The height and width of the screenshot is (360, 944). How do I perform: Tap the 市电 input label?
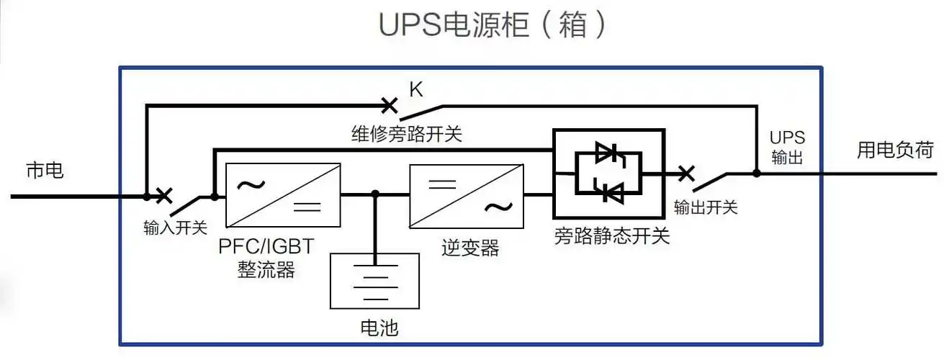point(45,171)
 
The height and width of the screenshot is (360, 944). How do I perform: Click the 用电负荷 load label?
point(894,150)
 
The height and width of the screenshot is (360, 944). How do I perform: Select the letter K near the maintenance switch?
point(415,89)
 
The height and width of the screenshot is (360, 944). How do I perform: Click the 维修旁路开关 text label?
point(407,134)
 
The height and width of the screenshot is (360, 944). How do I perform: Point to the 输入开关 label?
point(175,228)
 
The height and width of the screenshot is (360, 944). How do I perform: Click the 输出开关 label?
point(705,207)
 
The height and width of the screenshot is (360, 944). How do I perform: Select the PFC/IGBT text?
point(266,246)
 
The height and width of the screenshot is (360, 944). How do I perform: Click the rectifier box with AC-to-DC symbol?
point(283,194)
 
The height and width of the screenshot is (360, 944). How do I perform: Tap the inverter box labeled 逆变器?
point(466,194)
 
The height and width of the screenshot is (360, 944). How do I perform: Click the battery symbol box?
point(374,281)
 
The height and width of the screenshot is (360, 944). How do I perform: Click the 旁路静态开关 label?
point(612,236)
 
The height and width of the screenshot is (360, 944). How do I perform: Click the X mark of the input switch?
point(164,194)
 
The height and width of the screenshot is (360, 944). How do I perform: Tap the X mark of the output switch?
point(686,173)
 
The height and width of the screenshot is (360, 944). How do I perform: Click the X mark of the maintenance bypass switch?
point(389,106)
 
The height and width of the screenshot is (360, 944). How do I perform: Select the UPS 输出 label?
point(786,148)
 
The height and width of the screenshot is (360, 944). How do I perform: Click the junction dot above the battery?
point(375,194)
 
